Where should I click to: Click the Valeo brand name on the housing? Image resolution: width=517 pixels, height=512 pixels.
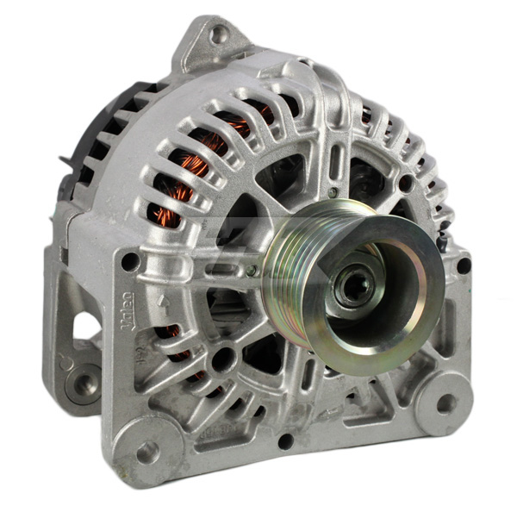point(127,309)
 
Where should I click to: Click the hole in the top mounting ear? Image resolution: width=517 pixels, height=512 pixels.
point(219,34)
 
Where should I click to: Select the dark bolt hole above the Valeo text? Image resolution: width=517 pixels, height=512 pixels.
point(129,260)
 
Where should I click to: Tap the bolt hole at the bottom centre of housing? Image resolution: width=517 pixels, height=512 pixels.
point(285,440)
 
